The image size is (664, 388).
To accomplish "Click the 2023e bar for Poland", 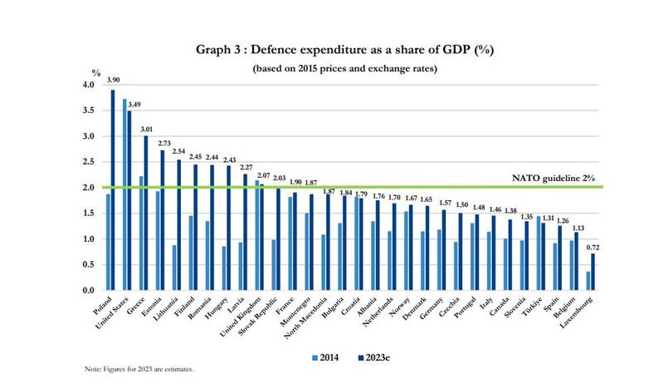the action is pyautogui.click(x=113, y=190).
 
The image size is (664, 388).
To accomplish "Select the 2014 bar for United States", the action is pyautogui.click(x=124, y=194).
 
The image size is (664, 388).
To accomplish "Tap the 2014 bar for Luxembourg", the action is pyautogui.click(x=588, y=281).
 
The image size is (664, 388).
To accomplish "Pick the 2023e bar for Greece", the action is pyautogui.click(x=146, y=213).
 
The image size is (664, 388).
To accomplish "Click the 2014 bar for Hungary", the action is pyautogui.click(x=224, y=268).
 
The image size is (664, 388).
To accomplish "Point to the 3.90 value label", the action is pyautogui.click(x=113, y=80).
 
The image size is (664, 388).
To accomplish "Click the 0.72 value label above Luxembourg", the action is pyautogui.click(x=593, y=248).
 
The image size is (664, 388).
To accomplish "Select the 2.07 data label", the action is pyautogui.click(x=263, y=175).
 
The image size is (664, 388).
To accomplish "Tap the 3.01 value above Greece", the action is pyautogui.click(x=147, y=130).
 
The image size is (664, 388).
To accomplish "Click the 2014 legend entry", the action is pyautogui.click(x=325, y=357).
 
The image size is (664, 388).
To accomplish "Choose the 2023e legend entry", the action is pyautogui.click(x=374, y=357).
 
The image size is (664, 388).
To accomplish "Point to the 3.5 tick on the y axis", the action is pyautogui.click(x=89, y=111).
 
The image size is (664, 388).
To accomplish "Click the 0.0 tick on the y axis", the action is pyautogui.click(x=89, y=291).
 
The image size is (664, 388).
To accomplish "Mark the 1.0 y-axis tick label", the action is pyautogui.click(x=89, y=239).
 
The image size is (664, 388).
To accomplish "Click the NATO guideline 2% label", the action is pyautogui.click(x=554, y=178).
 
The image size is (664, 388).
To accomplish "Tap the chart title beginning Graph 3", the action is pyautogui.click(x=344, y=50).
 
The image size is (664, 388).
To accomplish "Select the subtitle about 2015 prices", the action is pyautogui.click(x=344, y=69).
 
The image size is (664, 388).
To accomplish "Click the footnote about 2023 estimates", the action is pyautogui.click(x=139, y=369).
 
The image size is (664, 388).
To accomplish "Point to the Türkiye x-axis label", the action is pyautogui.click(x=532, y=306).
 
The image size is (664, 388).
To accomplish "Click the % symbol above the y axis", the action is pyautogui.click(x=96, y=73).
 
